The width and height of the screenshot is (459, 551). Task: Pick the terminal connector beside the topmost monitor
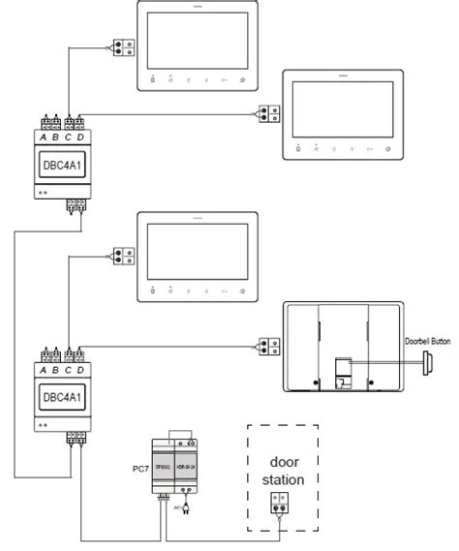(122, 46)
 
